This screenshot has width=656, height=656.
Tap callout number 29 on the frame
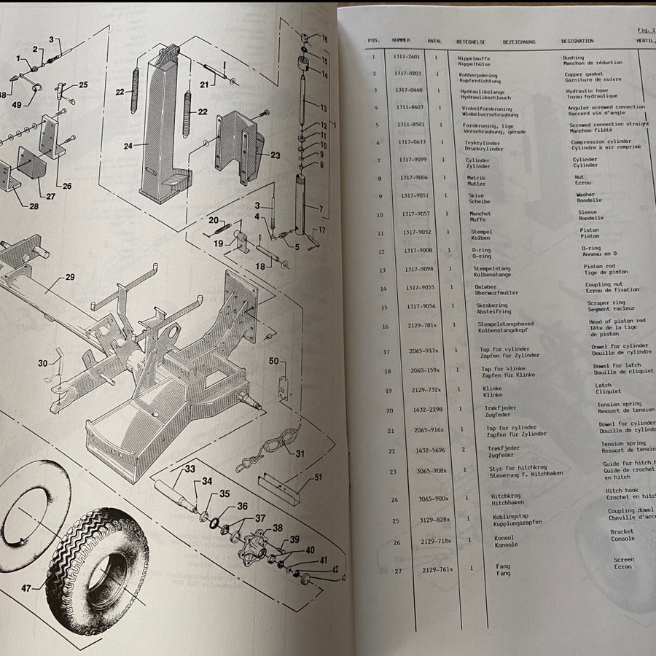pyautogui.click(x=69, y=277)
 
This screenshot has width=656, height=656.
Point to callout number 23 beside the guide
pyautogui.click(x=274, y=155)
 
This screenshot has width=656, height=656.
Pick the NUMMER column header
pyautogui.click(x=400, y=42)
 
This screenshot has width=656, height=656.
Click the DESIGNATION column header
pyautogui.click(x=577, y=42)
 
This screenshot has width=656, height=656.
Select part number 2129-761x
pyautogui.click(x=437, y=569)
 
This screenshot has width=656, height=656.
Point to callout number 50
pyautogui.click(x=274, y=360)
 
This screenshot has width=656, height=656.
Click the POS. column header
pyautogui.click(x=373, y=42)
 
